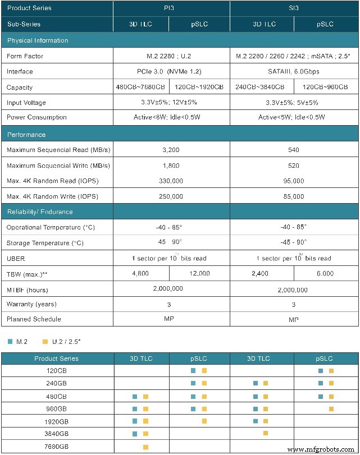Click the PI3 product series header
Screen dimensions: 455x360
pyautogui.click(x=171, y=8)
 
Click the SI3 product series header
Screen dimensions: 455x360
pyautogui.click(x=294, y=8)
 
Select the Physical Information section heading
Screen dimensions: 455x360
pyautogui.click(x=38, y=40)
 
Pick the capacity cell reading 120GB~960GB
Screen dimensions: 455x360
pyautogui.click(x=325, y=88)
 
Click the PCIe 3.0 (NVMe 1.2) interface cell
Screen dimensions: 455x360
pyautogui.click(x=171, y=72)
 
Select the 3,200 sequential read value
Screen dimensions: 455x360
pyautogui.click(x=171, y=150)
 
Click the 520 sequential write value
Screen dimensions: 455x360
pyautogui.click(x=293, y=166)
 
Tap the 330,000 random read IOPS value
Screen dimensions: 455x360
pyautogui.click(x=171, y=181)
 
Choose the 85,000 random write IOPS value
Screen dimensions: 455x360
pyautogui.click(x=293, y=197)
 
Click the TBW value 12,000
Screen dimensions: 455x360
pyautogui.click(x=200, y=274)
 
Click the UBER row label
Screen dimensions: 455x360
pyautogui.click(x=16, y=259)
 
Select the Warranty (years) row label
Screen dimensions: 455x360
pyautogui.click(x=31, y=305)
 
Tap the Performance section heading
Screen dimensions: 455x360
pyautogui.click(x=26, y=135)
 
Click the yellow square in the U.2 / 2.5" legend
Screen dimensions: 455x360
pyautogui.click(x=45, y=341)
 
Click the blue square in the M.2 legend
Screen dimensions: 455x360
pyautogui.click(x=10, y=341)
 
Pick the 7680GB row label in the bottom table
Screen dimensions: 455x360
pyautogui.click(x=56, y=447)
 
